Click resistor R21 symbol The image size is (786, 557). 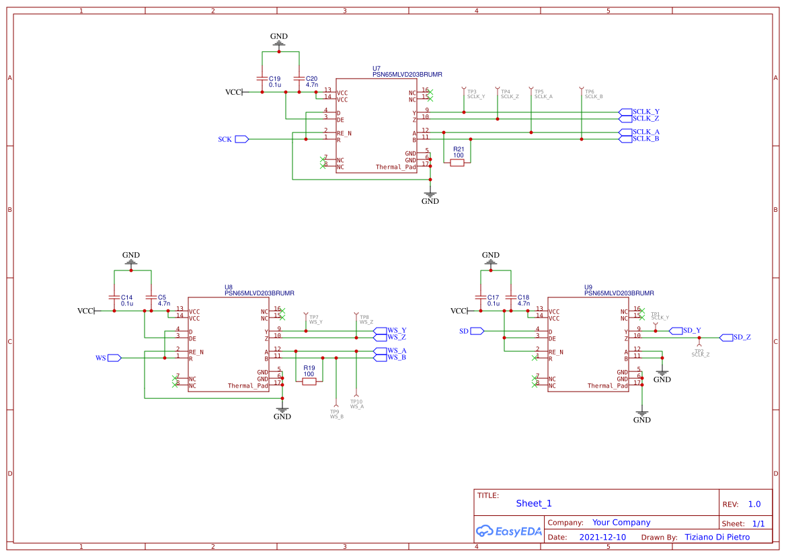tap(457, 162)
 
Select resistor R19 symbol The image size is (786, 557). tap(309, 381)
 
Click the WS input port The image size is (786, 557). tap(114, 358)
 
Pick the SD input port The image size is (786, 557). tap(477, 331)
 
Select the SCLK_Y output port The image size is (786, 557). tap(625, 112)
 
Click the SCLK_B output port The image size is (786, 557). tap(625, 139)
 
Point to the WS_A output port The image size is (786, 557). tap(381, 350)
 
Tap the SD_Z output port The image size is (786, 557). tap(726, 337)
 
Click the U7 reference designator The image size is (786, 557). tap(377, 69)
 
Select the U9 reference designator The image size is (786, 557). tap(588, 287)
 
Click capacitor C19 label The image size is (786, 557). tap(274, 79)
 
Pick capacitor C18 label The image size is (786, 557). tap(524, 297)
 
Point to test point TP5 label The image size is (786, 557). tap(539, 91)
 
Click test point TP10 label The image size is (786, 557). tap(356, 402)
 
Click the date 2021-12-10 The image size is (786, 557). tap(602, 537)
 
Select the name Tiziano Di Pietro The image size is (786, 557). tap(717, 537)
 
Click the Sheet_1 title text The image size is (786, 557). tap(534, 503)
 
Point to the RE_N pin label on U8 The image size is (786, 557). tap(196, 352)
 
